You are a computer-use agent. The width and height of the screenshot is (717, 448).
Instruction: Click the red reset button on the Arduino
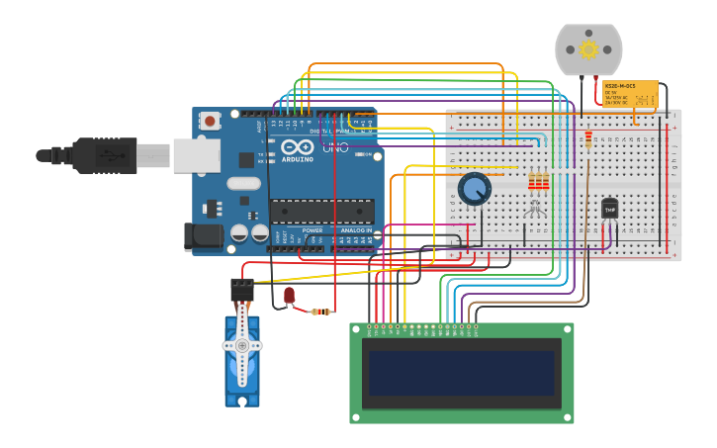pyautogui.click(x=210, y=121)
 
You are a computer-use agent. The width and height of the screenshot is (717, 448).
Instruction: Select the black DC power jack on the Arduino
pyautogui.click(x=203, y=235)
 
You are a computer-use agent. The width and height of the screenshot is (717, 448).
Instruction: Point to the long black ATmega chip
pyautogui.click(x=321, y=211)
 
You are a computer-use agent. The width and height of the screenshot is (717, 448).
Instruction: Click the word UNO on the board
pyautogui.click(x=335, y=148)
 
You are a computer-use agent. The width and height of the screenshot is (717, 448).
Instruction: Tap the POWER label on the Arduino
pyautogui.click(x=313, y=230)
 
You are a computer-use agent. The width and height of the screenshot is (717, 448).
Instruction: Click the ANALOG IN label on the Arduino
pyautogui.click(x=355, y=230)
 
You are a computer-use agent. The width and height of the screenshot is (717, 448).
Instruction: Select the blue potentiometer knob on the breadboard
pyautogui.click(x=475, y=188)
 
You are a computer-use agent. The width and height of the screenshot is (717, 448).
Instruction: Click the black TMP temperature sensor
pyautogui.click(x=609, y=209)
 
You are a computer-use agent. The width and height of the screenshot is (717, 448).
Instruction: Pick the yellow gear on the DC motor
pyautogui.click(x=588, y=49)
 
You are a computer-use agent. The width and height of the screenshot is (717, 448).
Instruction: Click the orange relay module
pyautogui.click(x=630, y=95)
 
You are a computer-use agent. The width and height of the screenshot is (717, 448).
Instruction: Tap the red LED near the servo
pyautogui.click(x=289, y=295)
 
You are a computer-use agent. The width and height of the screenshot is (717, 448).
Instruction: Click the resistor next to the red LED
pyautogui.click(x=320, y=312)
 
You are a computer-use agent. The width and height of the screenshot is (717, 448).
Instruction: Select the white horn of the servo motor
pyautogui.click(x=242, y=346)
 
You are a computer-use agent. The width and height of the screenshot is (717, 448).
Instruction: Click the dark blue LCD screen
pyautogui.click(x=461, y=373)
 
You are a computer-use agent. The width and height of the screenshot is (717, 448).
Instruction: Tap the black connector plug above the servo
pyautogui.click(x=242, y=289)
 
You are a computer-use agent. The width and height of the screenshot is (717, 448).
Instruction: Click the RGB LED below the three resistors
pyautogui.click(x=535, y=208)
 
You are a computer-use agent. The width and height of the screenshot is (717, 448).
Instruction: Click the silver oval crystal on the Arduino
pyautogui.click(x=243, y=183)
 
